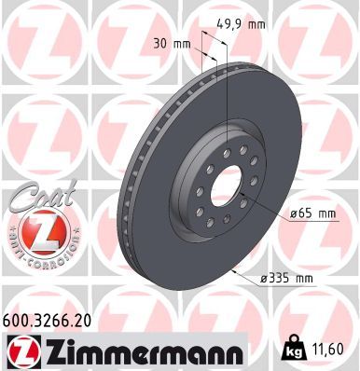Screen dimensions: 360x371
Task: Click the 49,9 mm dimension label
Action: (x=241, y=24)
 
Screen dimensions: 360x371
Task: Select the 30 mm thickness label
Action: (x=172, y=44)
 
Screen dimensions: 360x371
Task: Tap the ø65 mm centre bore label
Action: (x=312, y=213)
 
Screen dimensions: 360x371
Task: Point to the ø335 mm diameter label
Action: (x=287, y=278)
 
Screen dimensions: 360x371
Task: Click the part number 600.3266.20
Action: (x=47, y=321)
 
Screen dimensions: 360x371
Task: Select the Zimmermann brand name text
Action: (x=145, y=350)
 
